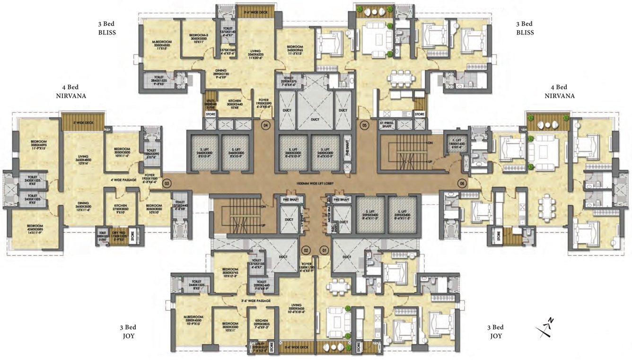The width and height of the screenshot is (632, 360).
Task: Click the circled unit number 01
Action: (324, 249)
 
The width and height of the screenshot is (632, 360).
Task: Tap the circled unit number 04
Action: (266, 125)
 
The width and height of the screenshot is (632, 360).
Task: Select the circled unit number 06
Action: (462, 183)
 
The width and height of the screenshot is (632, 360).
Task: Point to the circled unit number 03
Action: (166, 182)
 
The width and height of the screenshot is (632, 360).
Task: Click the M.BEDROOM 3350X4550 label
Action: (161, 44)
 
